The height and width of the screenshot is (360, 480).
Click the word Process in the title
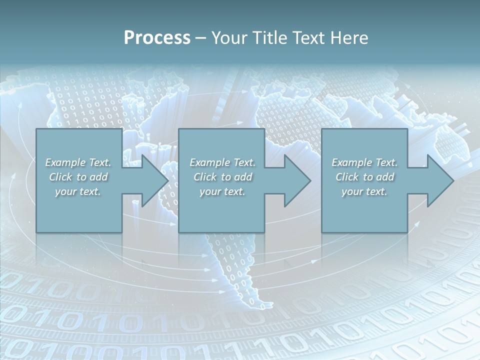[157, 38]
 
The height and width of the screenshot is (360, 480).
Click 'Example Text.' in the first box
[78, 162]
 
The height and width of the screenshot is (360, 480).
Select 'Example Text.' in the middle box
[222, 162]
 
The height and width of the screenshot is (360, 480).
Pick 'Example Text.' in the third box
[364, 162]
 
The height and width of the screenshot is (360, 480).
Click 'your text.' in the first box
[78, 191]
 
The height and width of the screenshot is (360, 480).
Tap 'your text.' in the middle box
[222, 191]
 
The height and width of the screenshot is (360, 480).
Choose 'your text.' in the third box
[364, 191]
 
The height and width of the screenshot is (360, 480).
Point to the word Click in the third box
[347, 177]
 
